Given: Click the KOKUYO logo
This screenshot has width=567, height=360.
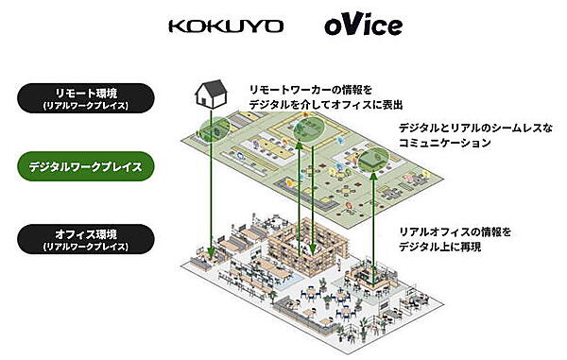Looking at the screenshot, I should coord(225,26).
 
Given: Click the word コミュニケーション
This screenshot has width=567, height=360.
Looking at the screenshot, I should coord(444,144).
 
